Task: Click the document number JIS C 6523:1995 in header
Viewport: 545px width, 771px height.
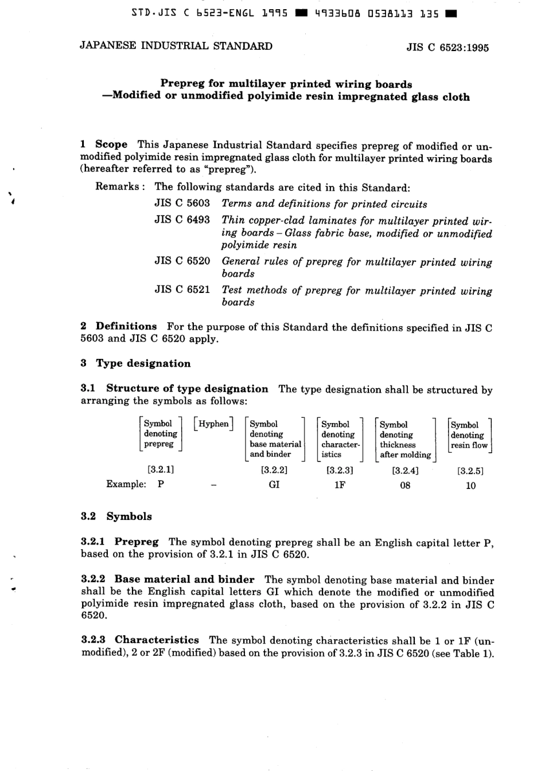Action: click(x=447, y=48)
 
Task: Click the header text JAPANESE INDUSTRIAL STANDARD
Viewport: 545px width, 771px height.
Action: click(x=176, y=46)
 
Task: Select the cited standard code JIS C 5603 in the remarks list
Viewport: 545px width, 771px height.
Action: click(x=182, y=203)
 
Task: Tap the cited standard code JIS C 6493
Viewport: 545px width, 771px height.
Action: click(x=182, y=220)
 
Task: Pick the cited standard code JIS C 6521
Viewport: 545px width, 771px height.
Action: click(x=182, y=289)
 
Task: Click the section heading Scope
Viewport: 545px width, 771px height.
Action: click(x=111, y=145)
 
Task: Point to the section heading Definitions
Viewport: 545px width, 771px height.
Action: click(x=126, y=327)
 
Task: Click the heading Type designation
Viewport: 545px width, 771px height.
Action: click(x=143, y=363)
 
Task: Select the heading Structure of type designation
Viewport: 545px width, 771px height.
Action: click(x=187, y=389)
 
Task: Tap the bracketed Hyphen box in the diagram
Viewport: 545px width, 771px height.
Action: click(x=213, y=424)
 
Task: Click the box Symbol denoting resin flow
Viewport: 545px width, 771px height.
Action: click(x=469, y=435)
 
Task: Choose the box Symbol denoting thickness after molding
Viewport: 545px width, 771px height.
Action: click(x=405, y=440)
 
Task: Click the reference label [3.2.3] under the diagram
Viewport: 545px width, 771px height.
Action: click(x=340, y=470)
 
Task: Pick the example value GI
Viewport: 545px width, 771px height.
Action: click(x=274, y=485)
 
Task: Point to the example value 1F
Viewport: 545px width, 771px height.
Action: click(x=340, y=485)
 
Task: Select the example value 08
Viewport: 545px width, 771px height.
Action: click(x=405, y=486)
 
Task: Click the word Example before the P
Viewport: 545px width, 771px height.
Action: click(x=126, y=484)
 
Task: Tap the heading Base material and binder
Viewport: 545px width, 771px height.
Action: click(x=184, y=580)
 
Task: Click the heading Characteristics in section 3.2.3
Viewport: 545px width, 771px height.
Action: click(x=157, y=640)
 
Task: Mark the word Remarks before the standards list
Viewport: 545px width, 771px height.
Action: click(x=118, y=187)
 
